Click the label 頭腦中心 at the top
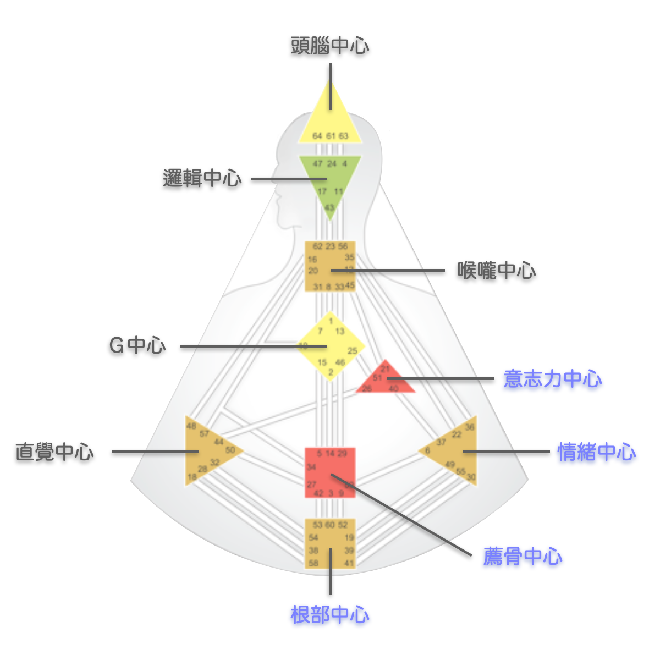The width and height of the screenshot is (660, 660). [329, 46]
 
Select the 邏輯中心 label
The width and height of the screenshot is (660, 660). [202, 178]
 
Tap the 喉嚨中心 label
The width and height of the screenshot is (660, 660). [496, 271]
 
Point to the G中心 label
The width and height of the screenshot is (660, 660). [137, 345]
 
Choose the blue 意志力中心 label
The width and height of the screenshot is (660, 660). [552, 379]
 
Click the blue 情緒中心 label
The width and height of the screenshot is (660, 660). [597, 452]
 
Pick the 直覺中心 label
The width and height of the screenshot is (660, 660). [54, 452]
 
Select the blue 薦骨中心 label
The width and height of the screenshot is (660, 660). [522, 557]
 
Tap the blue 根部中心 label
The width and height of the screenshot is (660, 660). [329, 614]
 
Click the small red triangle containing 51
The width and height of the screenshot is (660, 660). [385, 380]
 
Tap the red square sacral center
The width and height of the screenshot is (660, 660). [330, 472]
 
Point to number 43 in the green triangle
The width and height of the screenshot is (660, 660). [329, 208]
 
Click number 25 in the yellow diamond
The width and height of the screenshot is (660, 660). [353, 350]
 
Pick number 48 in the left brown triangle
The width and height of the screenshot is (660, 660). [191, 426]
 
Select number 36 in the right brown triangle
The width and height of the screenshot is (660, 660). [469, 427]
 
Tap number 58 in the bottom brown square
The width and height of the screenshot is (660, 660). [313, 563]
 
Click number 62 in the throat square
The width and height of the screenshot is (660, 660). [317, 246]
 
